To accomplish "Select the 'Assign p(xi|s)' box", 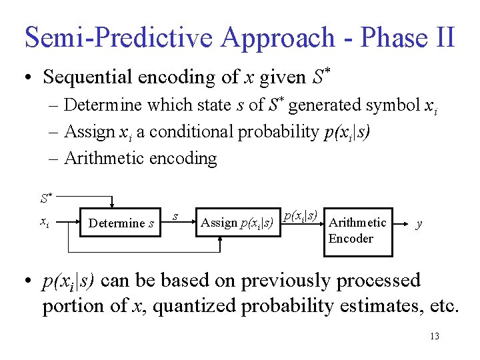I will pos(237,223).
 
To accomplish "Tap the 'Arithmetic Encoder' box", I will pos(357,231).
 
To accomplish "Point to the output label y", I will pos(419,223).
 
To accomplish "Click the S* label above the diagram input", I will pos(45,198).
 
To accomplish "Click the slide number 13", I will pos(434,336).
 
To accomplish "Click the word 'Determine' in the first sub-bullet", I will pos(103,106).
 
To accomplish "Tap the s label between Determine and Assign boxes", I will pos(175,215).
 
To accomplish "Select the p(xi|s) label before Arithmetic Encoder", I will pos(299,215).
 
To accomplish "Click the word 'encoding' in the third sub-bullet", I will pos(188,159).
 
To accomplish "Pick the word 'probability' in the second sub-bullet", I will pos(288,132).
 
